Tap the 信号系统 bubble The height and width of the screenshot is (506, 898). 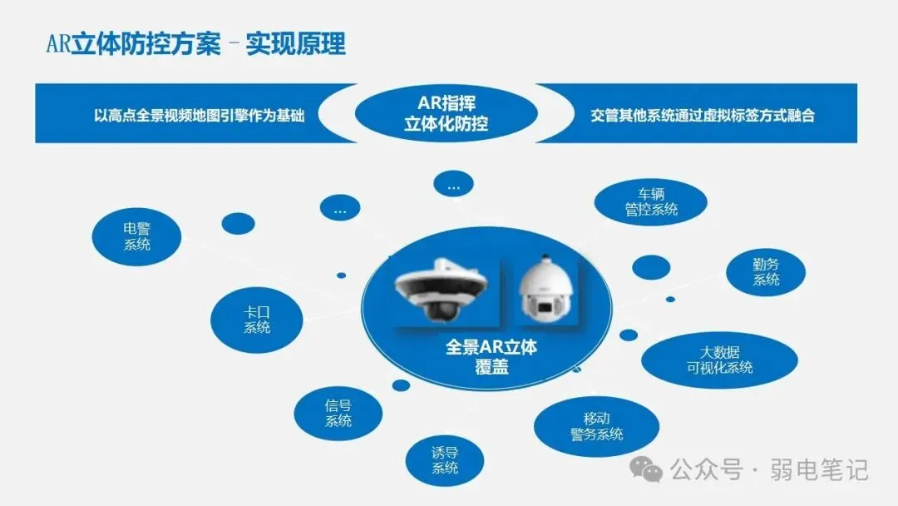[x=338, y=414]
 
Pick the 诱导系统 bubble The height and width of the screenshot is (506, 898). [x=444, y=460]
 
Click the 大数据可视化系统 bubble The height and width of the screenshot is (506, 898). [x=720, y=360]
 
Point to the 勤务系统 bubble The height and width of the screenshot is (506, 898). [x=766, y=272]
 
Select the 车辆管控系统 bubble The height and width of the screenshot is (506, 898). [x=651, y=202]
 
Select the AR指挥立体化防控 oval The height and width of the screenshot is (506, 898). [x=452, y=114]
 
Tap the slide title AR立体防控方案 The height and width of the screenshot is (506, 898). [x=133, y=44]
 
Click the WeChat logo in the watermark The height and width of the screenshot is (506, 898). [x=647, y=470]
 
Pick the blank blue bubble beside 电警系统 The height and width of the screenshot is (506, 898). [x=239, y=223]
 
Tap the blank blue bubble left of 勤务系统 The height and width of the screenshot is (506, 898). [x=650, y=267]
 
